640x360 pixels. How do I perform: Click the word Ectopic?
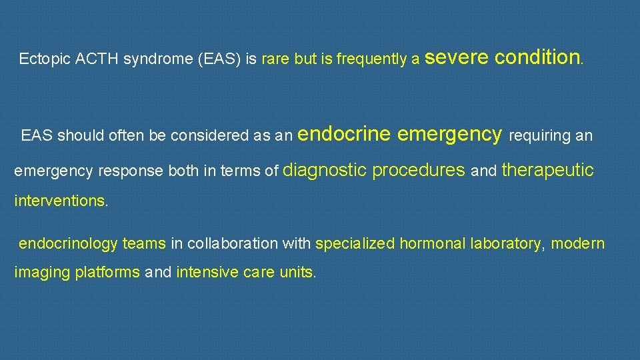click(x=39, y=59)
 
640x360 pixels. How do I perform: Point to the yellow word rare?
click(x=276, y=59)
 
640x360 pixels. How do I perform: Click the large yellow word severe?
click(x=457, y=57)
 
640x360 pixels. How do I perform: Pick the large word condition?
click(x=538, y=57)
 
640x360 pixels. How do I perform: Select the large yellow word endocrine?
click(x=344, y=134)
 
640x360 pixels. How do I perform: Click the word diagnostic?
click(x=325, y=170)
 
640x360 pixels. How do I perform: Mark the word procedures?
click(x=419, y=170)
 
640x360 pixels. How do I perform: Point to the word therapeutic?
click(x=547, y=170)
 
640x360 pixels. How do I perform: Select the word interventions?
click(x=59, y=201)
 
